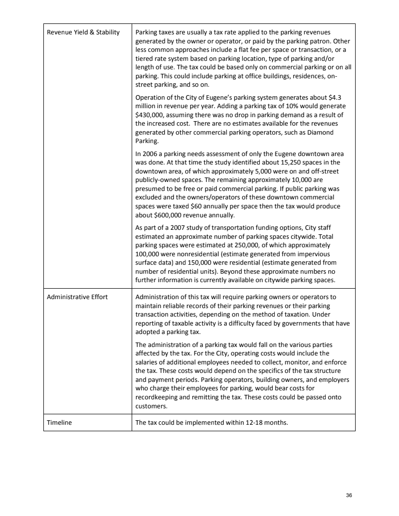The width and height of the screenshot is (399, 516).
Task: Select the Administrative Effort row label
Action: tap(77, 298)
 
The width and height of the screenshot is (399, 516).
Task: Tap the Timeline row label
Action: tap(59, 423)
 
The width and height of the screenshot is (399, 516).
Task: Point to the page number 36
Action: tap(349, 495)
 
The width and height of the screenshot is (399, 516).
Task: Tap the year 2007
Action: tap(175, 228)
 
